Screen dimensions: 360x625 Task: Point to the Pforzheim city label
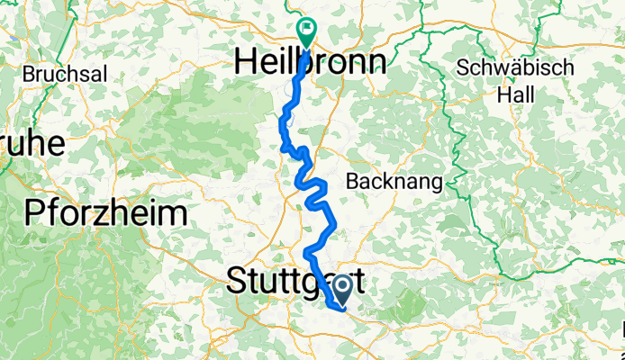tap(106, 214)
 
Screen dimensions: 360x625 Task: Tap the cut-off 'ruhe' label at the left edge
tap(30, 143)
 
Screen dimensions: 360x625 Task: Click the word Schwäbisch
tap(514, 68)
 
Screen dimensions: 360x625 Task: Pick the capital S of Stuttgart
tap(238, 279)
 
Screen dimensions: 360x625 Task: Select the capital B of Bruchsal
tap(31, 72)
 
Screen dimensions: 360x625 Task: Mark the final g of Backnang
tap(436, 184)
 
